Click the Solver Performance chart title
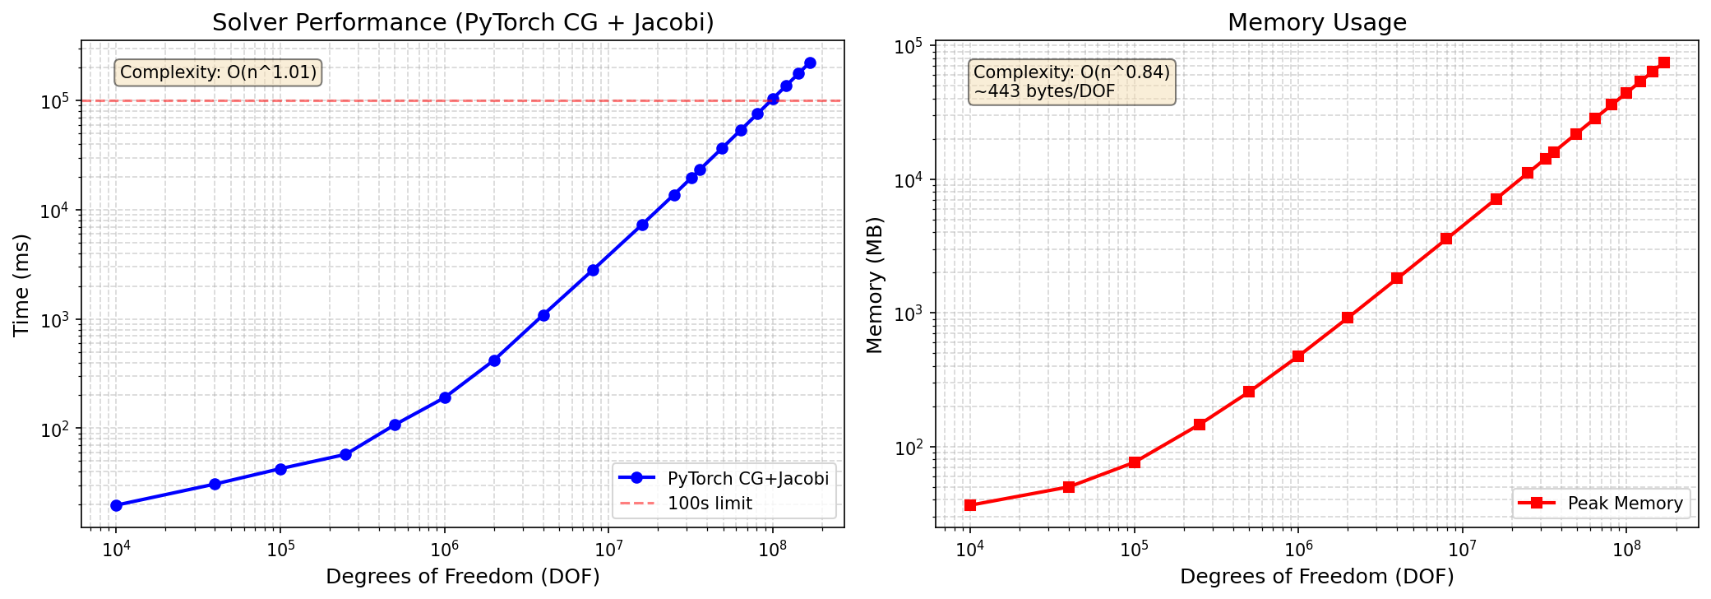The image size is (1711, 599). click(462, 22)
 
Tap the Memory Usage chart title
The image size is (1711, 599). click(1316, 22)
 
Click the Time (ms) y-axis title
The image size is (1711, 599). click(21, 285)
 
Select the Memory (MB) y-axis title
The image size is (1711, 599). click(874, 285)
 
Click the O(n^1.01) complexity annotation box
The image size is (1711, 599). click(218, 72)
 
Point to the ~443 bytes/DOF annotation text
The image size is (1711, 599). click(1044, 91)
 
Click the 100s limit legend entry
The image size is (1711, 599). click(709, 504)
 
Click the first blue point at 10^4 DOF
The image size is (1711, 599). click(116, 505)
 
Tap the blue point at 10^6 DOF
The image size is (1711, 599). click(445, 397)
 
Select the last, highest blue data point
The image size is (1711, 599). click(810, 63)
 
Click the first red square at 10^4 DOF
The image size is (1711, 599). click(970, 505)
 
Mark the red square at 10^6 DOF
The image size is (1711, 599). click(1298, 356)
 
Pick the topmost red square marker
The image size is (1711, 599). click(1664, 63)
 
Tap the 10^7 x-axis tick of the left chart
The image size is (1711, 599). click(608, 550)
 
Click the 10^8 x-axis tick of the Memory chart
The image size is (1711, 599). click(1625, 550)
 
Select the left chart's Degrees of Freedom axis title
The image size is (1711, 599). click(462, 577)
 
